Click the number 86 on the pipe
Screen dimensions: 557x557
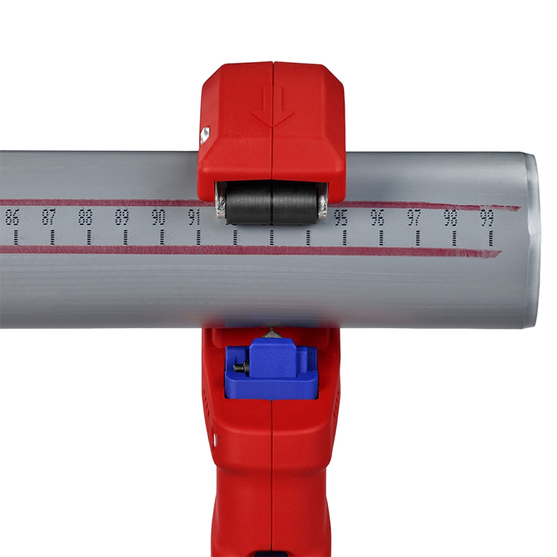coord(12,217)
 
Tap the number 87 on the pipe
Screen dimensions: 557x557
coord(49,217)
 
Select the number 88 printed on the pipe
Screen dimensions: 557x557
coord(85,217)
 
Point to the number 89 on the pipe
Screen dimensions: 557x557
coord(122,217)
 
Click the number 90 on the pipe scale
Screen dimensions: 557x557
coord(159,217)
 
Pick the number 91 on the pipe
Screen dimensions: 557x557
coord(194,217)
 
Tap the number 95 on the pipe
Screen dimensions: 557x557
coord(341,217)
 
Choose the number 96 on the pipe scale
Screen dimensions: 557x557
coord(377,217)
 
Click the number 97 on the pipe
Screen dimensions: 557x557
coord(414,217)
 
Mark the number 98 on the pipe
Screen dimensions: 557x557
coord(450,217)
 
